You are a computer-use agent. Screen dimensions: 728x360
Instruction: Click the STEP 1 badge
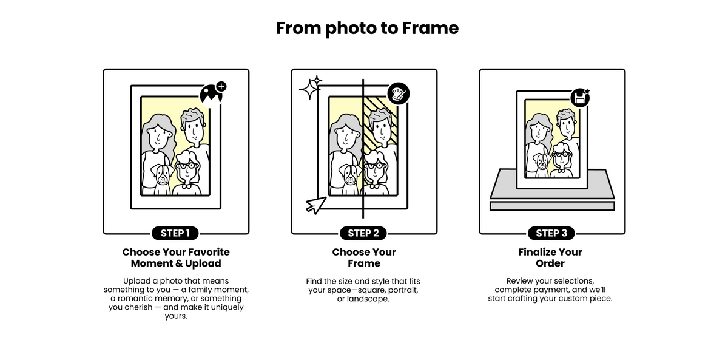175,233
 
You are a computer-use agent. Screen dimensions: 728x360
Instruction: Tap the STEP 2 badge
363,233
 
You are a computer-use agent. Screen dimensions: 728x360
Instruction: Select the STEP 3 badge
551,233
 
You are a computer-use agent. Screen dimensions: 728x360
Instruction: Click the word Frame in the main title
430,28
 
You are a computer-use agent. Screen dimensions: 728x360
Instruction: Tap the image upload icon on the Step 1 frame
211,95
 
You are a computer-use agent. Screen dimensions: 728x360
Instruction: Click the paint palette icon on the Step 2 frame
399,94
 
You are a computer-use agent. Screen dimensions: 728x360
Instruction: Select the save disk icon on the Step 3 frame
580,98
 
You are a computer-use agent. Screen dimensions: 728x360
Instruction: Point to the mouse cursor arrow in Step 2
316,205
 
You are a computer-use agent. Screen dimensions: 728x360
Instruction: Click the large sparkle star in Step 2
308,89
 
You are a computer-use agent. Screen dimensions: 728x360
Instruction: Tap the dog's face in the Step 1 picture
161,175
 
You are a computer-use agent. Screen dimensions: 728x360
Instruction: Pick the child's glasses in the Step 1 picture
187,166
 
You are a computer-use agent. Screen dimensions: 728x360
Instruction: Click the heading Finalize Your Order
550,257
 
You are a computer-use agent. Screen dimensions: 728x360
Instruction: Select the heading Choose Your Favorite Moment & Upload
176,257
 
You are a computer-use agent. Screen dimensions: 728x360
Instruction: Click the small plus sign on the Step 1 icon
221,86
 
